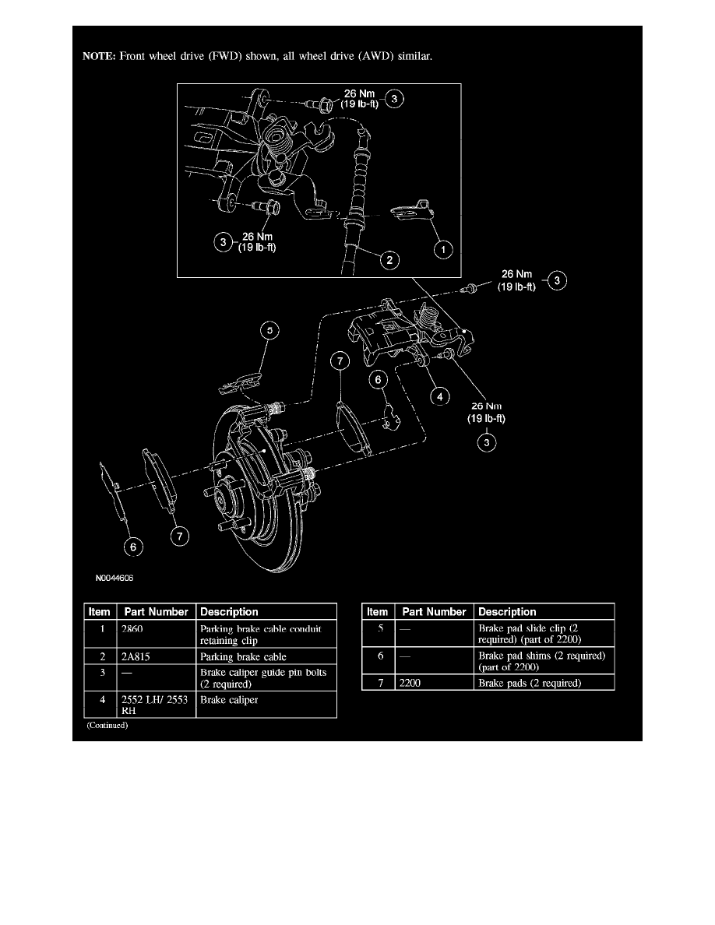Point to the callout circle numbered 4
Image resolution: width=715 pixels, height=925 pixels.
(x=440, y=396)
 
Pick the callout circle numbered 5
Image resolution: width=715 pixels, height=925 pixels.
(x=269, y=332)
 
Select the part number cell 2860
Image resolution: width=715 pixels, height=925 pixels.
(x=132, y=628)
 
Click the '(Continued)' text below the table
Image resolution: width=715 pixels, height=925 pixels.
(x=107, y=725)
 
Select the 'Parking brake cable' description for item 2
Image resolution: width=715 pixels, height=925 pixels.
(x=243, y=657)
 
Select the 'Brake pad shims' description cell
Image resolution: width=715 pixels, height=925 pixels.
(x=540, y=662)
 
